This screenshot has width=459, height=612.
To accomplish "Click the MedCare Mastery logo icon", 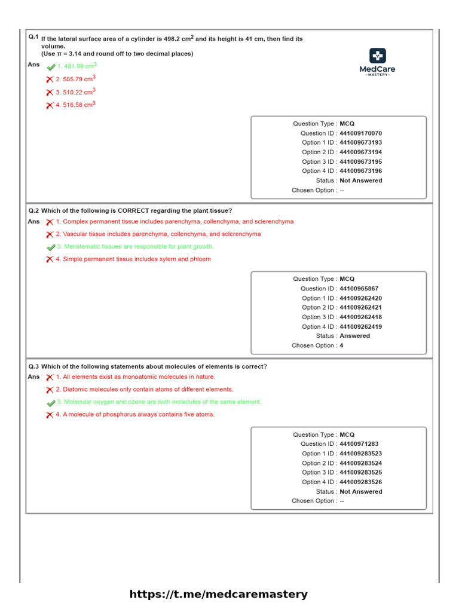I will (377, 56).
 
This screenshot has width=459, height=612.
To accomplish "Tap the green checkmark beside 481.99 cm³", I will (51, 67).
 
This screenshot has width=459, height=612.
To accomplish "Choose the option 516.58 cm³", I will (75, 105).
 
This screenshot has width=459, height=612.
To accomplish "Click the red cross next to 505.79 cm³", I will (50, 79).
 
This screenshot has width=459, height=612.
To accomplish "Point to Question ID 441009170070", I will (360, 133).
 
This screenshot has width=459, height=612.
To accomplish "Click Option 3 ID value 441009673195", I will (360, 161).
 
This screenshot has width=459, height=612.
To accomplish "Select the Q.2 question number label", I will (33, 211).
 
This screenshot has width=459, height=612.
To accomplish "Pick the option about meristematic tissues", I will (135, 246).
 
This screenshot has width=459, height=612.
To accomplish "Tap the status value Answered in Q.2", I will (354, 336).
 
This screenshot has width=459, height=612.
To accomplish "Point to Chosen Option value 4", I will (341, 345).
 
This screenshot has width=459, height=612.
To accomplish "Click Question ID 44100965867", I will (359, 289).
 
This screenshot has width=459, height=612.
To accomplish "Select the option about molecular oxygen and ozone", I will (159, 402).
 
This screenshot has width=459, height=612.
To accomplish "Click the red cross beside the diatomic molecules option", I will (50, 390).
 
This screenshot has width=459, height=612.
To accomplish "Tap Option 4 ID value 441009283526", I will (360, 482).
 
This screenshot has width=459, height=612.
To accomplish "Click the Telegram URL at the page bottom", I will (219, 594).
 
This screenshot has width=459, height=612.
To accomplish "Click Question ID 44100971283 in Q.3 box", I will (359, 444).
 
